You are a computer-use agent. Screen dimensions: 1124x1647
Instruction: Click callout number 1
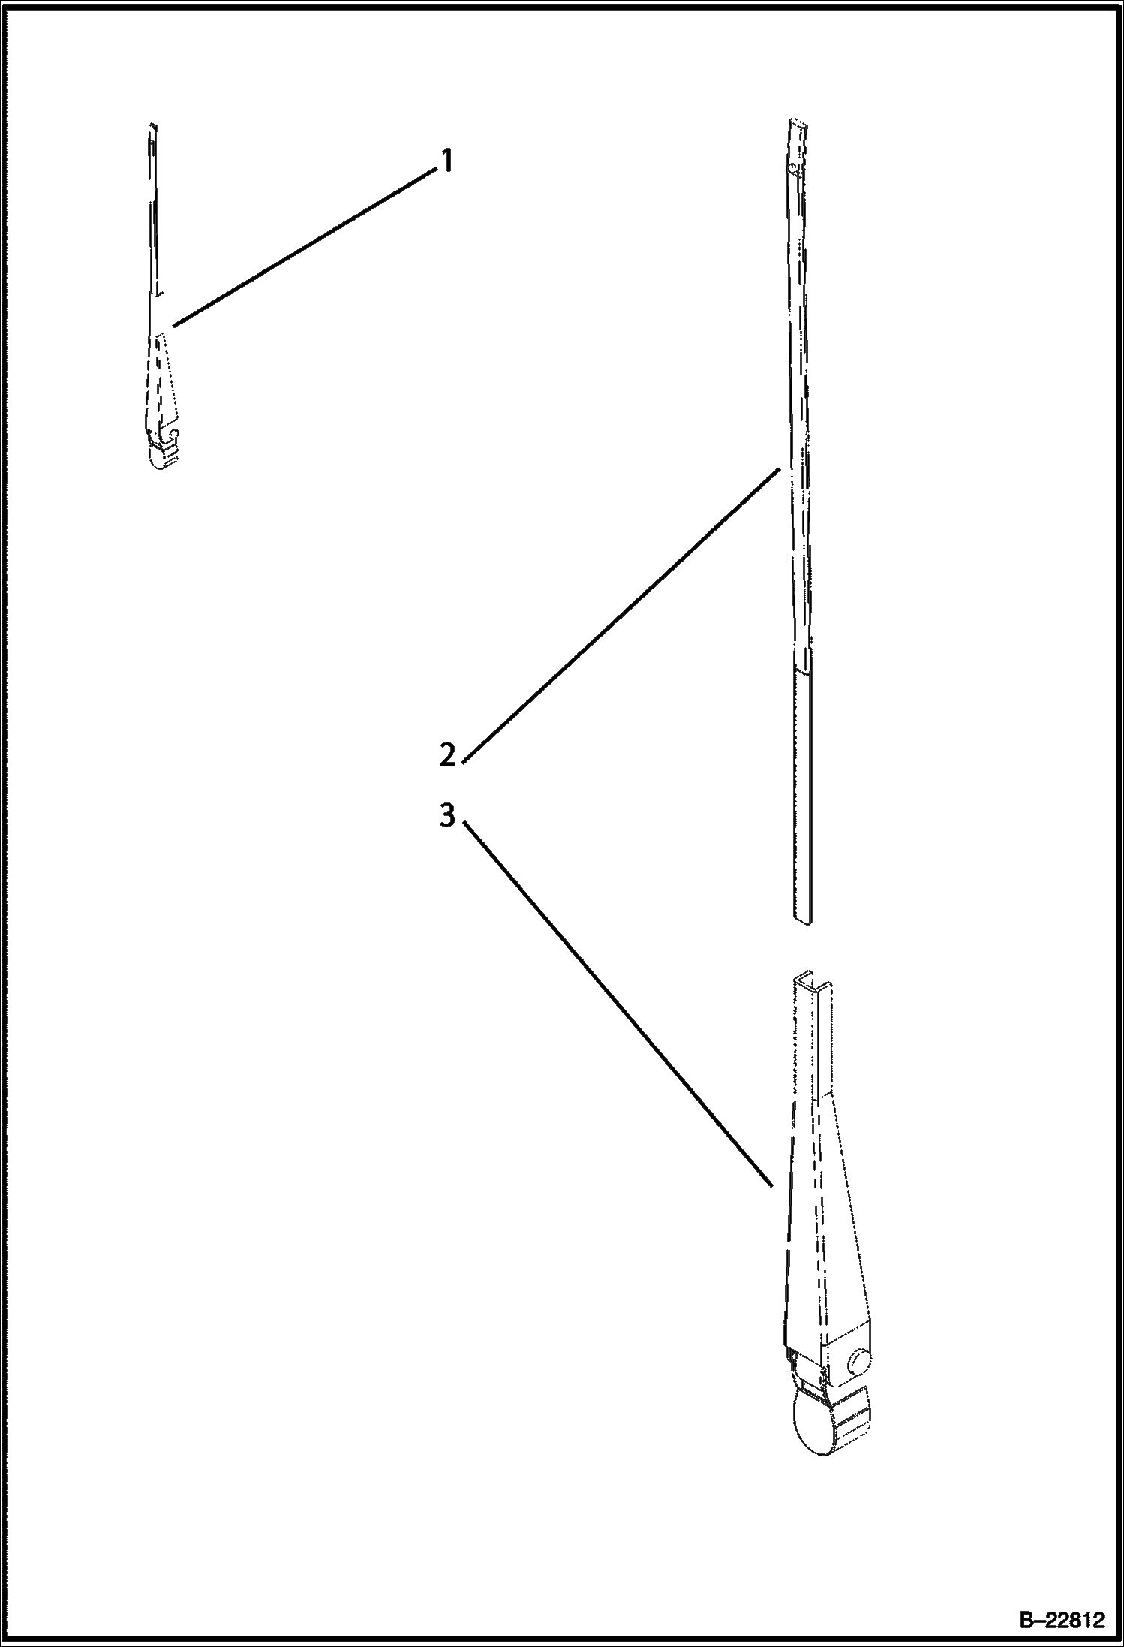click(446, 161)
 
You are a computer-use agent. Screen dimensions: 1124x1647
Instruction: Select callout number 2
click(448, 754)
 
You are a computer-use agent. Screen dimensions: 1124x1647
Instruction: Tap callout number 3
click(448, 815)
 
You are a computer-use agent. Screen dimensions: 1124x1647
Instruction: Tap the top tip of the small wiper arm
click(152, 125)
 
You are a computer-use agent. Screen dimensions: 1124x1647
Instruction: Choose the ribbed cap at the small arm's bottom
click(164, 454)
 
